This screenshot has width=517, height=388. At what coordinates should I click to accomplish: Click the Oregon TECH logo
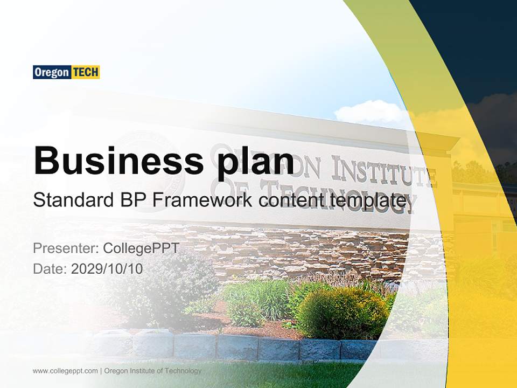click(66, 72)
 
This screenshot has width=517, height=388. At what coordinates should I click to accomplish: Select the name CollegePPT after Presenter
click(141, 248)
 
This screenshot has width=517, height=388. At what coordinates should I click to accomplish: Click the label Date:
click(50, 269)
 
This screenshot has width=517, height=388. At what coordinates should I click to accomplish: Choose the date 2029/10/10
click(107, 269)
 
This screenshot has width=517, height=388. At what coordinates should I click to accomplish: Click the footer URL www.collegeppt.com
click(65, 371)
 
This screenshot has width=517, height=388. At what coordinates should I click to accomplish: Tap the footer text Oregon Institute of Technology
click(153, 371)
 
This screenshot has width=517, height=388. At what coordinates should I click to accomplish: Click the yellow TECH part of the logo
click(86, 72)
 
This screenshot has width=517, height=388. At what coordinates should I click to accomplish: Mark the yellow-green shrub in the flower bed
click(339, 313)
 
